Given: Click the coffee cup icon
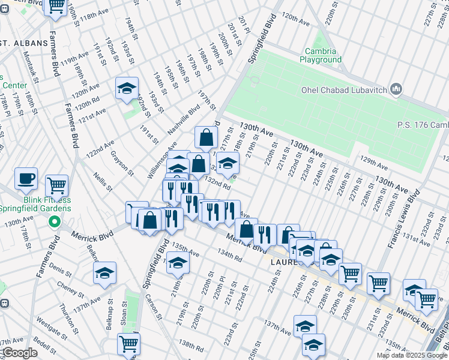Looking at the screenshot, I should (x=26, y=179).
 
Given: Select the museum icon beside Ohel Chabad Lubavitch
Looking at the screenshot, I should (x=396, y=90).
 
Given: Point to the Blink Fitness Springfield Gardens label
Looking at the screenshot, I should (x=36, y=204).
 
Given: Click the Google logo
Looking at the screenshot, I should (x=19, y=353).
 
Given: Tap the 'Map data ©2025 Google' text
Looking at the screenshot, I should (x=412, y=355).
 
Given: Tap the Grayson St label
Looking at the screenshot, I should (x=122, y=163).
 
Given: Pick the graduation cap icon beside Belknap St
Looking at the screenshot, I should (x=104, y=272).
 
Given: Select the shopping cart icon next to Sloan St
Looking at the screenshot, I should (x=128, y=344).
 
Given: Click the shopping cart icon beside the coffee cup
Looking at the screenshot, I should (x=56, y=185).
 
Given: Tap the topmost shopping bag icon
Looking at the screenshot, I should (x=206, y=137).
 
